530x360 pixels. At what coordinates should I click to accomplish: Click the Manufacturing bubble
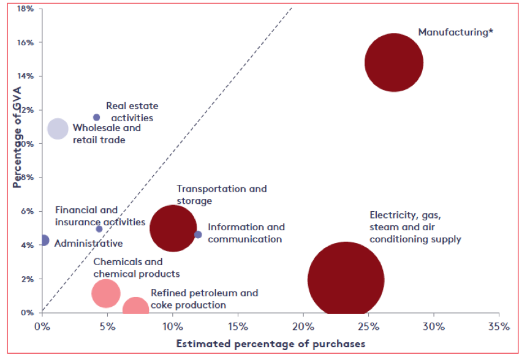(x=394, y=62)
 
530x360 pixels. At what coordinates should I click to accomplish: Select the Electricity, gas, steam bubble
(x=346, y=280)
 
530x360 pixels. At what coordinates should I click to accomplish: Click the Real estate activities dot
(x=96, y=118)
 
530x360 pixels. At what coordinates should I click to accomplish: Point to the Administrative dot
(x=44, y=241)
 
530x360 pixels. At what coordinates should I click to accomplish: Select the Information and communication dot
(x=198, y=234)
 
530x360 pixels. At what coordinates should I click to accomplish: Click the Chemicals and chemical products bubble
(x=105, y=293)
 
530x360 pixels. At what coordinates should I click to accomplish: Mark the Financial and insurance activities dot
(x=99, y=229)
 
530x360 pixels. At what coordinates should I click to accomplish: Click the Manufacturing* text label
(x=455, y=32)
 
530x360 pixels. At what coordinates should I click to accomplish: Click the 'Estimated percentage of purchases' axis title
(x=270, y=343)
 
